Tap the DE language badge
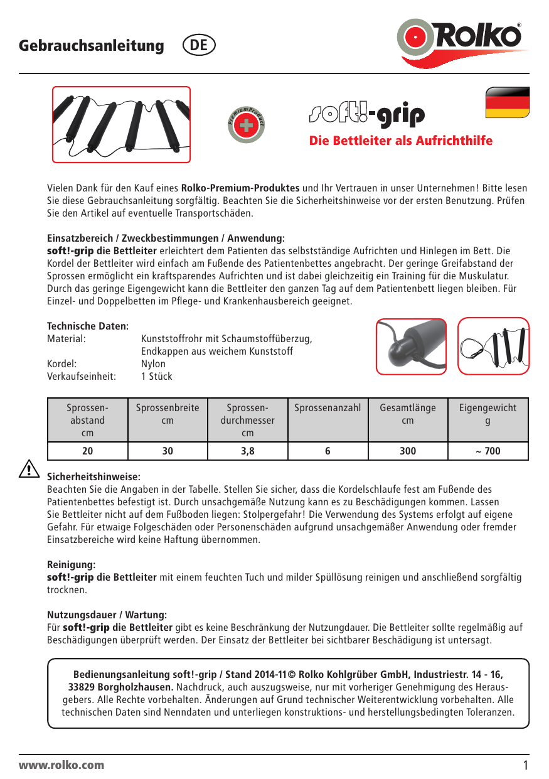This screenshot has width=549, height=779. click(199, 46)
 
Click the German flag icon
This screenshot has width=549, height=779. click(508, 103)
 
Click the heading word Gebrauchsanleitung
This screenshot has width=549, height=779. click(92, 46)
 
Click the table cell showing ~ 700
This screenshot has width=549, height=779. click(488, 451)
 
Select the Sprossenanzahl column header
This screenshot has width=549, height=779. click(328, 408)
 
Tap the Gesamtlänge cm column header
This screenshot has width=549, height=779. click(407, 414)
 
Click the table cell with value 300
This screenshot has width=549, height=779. click(407, 451)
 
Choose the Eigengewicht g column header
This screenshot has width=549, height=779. click(488, 414)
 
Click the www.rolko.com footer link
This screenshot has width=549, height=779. click(61, 765)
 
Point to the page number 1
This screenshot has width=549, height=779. click(525, 765)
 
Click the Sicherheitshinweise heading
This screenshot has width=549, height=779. click(93, 477)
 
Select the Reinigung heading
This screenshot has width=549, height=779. click(71, 565)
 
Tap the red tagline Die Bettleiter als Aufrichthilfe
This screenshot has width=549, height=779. click(401, 141)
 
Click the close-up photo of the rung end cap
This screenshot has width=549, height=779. click(411, 346)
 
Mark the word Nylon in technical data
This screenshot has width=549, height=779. click(153, 363)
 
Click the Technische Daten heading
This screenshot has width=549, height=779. click(88, 326)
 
